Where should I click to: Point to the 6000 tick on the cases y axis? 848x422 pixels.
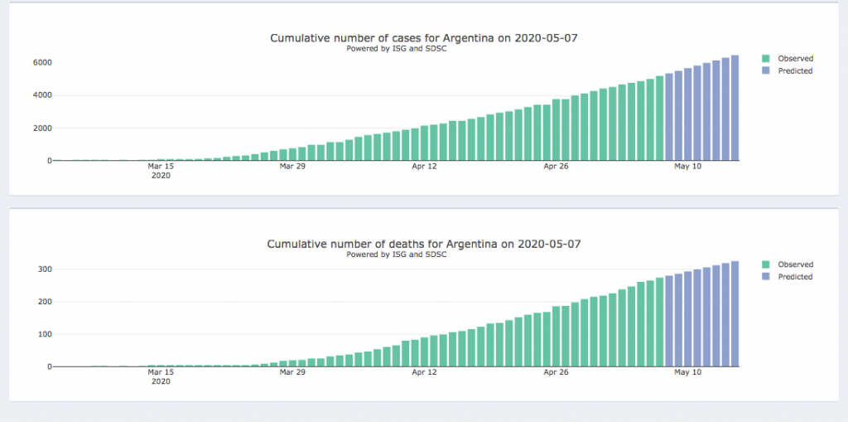(42, 62)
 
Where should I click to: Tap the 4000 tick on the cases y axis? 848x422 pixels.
(42, 95)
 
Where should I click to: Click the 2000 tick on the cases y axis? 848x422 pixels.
(42, 128)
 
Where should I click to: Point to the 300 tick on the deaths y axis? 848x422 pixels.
(45, 269)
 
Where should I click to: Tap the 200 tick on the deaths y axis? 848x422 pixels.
(45, 302)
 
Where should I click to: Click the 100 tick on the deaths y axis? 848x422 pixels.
(45, 334)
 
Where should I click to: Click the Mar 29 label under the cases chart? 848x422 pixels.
(291, 167)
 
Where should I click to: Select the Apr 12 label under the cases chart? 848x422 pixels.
(423, 167)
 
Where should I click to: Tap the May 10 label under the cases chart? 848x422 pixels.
(687, 167)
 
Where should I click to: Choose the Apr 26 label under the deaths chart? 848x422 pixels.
(556, 373)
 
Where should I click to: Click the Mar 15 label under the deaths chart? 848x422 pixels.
(161, 373)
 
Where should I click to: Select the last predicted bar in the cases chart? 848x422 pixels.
(735, 108)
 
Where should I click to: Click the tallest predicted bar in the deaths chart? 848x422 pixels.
(735, 314)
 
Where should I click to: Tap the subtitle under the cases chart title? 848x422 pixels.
(397, 48)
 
